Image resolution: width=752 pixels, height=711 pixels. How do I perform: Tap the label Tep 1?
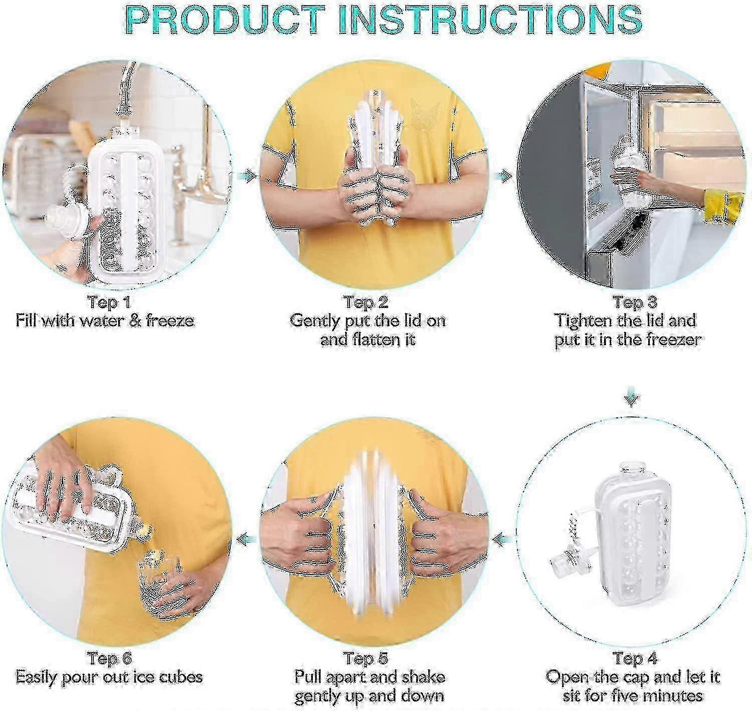coord(109,303)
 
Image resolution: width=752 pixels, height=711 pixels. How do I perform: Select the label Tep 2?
coord(366,303)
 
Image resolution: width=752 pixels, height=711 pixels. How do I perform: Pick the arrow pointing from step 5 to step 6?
coord(246,539)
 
